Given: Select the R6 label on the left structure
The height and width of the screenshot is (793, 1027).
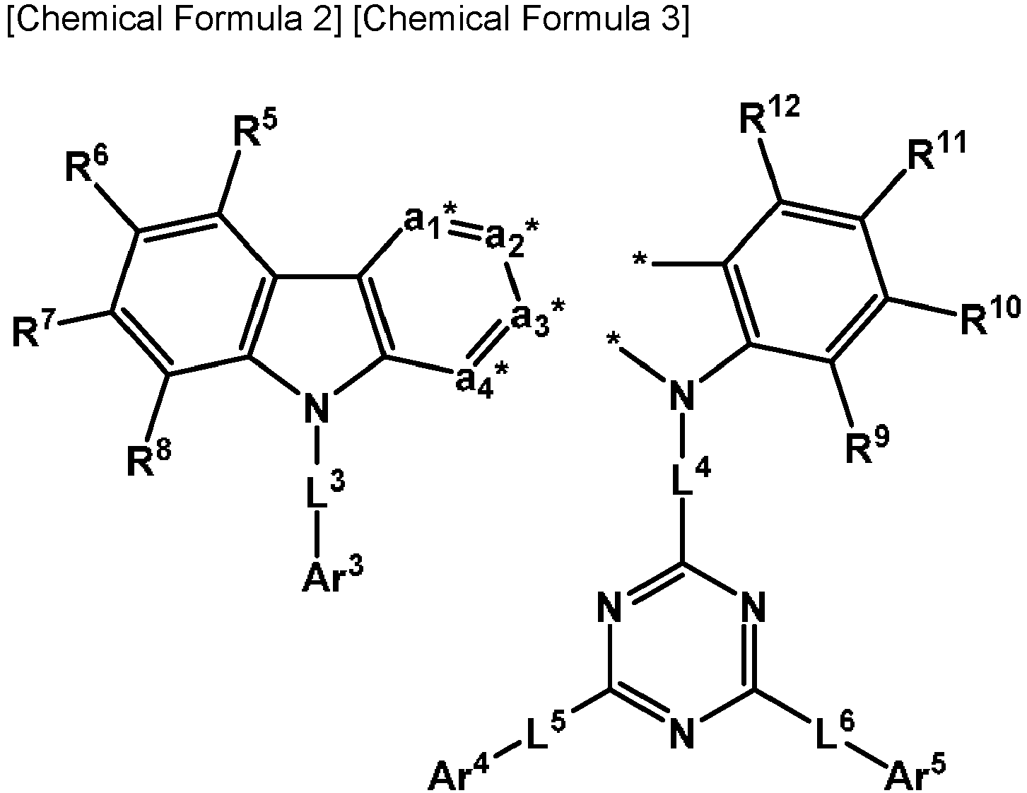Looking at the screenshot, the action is tap(86, 164).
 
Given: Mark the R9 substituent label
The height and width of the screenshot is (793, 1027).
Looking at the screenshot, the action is tap(867, 443).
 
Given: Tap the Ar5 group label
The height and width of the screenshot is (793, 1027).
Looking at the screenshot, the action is tap(917, 773).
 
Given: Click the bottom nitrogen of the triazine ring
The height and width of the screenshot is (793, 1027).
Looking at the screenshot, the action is tap(682, 732).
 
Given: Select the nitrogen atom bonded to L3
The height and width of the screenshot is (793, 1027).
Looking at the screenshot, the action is tap(316, 408).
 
